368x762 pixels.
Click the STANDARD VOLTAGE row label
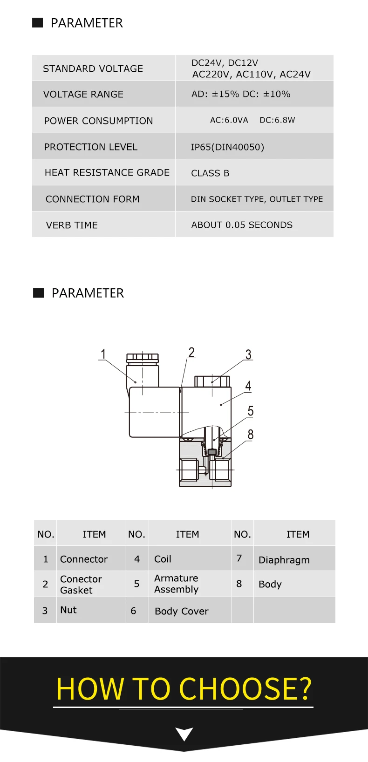click(93, 69)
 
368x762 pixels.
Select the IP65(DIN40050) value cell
click(227, 147)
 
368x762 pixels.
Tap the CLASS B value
click(210, 173)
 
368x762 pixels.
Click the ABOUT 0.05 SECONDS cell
click(242, 225)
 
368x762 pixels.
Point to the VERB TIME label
click(72, 225)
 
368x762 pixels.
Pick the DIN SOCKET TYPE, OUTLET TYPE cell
click(257, 199)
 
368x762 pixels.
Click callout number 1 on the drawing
click(103, 354)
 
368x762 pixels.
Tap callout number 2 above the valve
click(191, 352)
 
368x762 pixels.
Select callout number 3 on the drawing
click(248, 355)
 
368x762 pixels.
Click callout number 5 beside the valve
click(251, 411)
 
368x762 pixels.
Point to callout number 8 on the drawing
click(251, 435)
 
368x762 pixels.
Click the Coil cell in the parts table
click(163, 559)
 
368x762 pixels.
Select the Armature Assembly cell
click(176, 584)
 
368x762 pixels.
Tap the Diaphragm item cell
click(284, 560)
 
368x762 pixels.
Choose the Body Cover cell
click(181, 611)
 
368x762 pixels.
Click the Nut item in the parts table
click(68, 610)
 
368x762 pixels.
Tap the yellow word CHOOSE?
click(245, 689)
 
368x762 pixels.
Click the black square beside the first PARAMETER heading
click(38, 23)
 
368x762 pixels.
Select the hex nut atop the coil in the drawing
click(212, 381)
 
